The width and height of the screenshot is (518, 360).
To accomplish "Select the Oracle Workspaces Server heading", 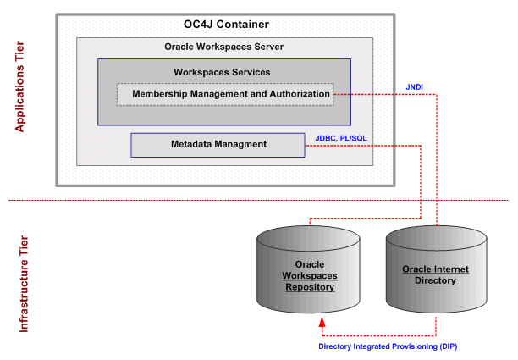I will pos(223,47).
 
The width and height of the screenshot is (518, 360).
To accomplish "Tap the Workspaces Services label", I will pos(222,72).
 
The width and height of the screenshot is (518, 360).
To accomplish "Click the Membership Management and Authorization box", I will pos(224,93).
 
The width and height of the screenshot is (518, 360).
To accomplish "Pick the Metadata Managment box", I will pos(218,144).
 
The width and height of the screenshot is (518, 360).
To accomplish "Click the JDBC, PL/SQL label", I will pos(341,136).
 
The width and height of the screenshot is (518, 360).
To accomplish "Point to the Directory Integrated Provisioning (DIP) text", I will pos(388,346).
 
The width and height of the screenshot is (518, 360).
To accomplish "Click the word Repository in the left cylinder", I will pos(309,287).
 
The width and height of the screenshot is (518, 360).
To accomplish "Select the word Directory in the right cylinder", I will pos(436,280).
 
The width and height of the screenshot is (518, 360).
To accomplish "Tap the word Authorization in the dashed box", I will pos(297,93).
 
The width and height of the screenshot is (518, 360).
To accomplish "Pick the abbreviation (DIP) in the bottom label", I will pos(445,346).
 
